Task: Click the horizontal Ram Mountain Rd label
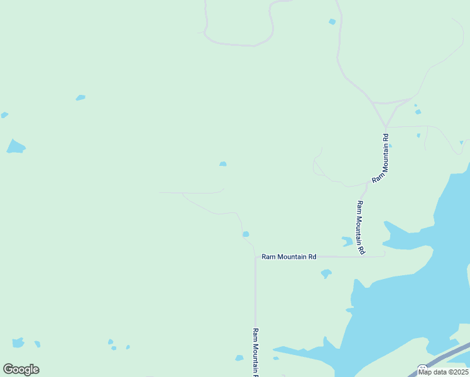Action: coord(289,257)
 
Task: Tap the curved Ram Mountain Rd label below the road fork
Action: coord(382,157)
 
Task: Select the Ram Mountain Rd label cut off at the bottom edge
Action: coord(256,352)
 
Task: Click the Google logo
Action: coord(21,369)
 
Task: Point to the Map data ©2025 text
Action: coord(443,372)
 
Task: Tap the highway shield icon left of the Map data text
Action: coord(423,368)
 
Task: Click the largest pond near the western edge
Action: coord(16,147)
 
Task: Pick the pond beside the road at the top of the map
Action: coord(332,22)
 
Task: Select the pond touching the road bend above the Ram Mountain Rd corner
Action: coord(246,234)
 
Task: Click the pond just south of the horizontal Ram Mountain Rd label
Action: coord(325,273)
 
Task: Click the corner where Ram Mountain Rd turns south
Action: coord(255,257)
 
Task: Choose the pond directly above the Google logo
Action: coord(18,343)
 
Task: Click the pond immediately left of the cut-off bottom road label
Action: coord(239,358)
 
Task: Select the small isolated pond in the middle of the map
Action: coord(223,164)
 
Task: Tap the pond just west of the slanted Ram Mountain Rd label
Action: coord(347,241)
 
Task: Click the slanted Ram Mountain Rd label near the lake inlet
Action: coord(361,227)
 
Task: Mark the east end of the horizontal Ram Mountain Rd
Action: coord(383,256)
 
